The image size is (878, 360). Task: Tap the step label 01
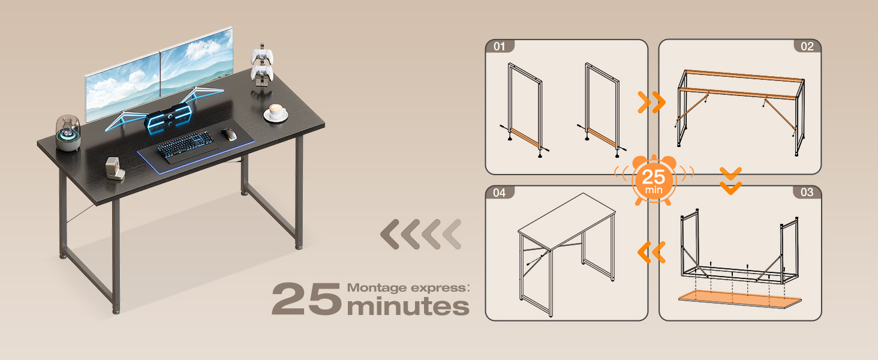499,46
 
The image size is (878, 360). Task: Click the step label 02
807,46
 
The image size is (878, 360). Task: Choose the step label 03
807,192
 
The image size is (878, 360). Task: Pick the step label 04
499,192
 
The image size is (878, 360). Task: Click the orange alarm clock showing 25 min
654,179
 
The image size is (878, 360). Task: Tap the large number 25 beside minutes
307,299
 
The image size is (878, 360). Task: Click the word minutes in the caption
408,306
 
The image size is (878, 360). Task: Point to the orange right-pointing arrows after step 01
652,103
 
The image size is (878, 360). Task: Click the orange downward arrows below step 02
730,180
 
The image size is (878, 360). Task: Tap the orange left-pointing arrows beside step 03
652,252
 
